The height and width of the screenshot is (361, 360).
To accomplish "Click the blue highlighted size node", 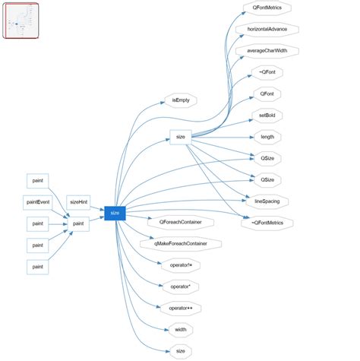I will (x=115, y=213).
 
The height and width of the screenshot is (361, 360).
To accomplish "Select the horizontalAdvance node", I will (x=267, y=30).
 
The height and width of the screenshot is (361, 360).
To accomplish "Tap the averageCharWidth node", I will (x=267, y=51).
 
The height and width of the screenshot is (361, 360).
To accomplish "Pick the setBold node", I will (x=267, y=116).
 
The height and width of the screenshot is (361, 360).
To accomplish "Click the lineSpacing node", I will (x=267, y=201).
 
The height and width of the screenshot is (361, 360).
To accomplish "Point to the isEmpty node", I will (x=180, y=100).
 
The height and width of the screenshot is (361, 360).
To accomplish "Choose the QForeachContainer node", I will (x=180, y=223).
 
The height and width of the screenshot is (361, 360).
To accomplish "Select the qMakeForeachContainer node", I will (x=181, y=244).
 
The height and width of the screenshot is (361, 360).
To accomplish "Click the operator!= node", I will (x=180, y=265).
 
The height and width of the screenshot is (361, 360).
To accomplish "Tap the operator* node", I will (x=180, y=287).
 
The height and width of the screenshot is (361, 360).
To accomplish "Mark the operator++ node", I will (x=180, y=308).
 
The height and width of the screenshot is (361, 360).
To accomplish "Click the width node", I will (x=180, y=329).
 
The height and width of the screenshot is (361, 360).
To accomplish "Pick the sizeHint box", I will (x=78, y=202).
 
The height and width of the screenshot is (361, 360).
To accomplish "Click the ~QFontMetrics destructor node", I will (x=267, y=223).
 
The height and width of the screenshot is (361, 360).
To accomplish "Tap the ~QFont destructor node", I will (x=267, y=73).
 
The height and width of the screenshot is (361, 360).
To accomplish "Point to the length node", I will (x=267, y=137).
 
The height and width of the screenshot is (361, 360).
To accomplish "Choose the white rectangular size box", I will (x=180, y=137).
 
